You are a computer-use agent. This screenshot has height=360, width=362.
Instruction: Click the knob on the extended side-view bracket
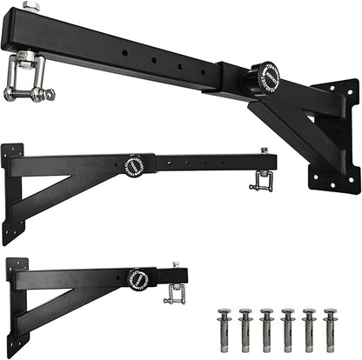click(x=135, y=165)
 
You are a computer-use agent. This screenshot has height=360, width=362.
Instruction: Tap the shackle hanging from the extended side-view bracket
click(x=258, y=182)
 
